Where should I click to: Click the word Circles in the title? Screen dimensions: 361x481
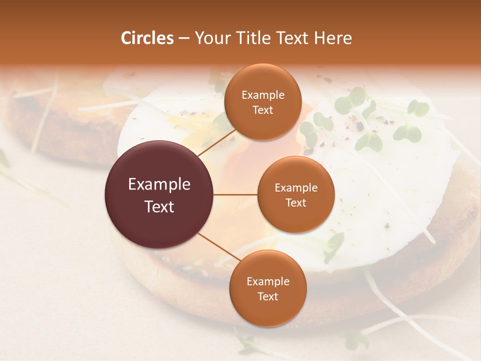(147, 38)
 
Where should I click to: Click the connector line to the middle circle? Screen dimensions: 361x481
(235, 195)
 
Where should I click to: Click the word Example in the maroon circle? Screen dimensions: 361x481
(159, 185)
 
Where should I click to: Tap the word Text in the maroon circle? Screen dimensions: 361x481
(159, 207)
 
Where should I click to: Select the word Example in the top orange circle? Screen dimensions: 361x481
(263, 95)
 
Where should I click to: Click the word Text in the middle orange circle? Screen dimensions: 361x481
(296, 203)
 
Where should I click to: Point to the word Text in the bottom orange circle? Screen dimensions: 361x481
(268, 296)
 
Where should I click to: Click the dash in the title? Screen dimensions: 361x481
(184, 38)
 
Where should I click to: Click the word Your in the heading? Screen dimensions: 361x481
(209, 38)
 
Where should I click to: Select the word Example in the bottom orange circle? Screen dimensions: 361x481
(268, 282)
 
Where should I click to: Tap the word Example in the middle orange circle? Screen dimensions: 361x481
(296, 188)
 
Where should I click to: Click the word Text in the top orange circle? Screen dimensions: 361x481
(263, 110)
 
